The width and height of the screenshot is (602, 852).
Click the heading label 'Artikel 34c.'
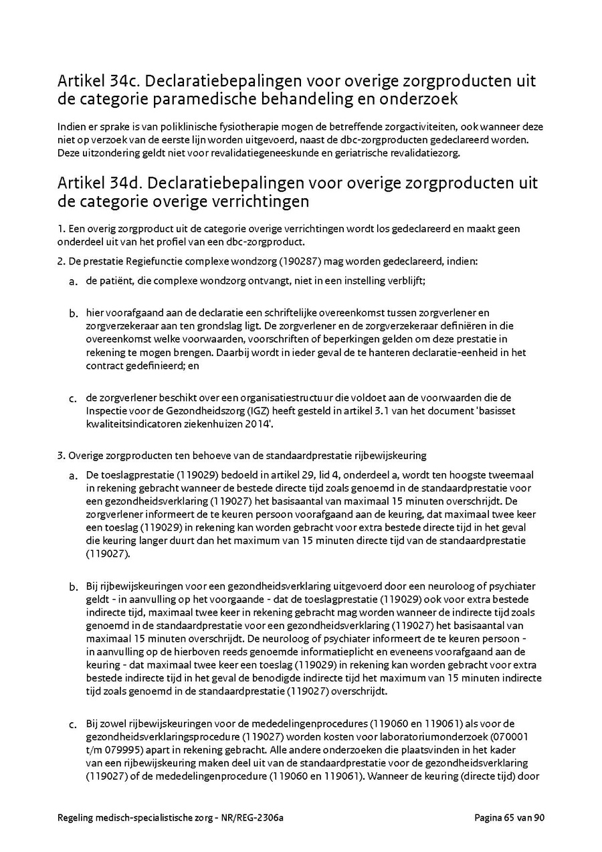(98, 82)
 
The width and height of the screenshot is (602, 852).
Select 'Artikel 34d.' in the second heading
(99, 183)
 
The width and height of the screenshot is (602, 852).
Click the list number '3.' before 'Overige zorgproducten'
(62, 456)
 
